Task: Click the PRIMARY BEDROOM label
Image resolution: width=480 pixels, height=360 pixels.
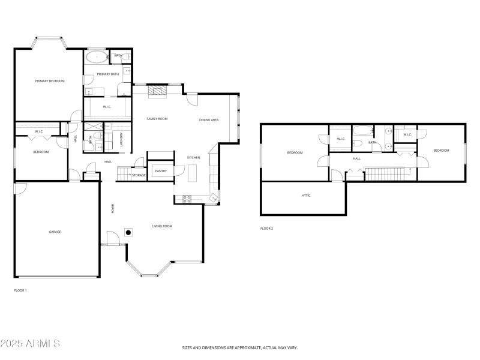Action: (49, 81)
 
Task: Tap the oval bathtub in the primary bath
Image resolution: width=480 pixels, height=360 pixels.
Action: (96, 58)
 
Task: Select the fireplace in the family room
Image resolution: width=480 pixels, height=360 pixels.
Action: (157, 91)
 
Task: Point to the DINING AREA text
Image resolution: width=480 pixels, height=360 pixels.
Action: (209, 120)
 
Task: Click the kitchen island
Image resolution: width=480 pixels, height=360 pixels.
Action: (193, 173)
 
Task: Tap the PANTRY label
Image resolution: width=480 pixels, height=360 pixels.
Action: (161, 171)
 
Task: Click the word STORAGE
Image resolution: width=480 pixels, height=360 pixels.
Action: (139, 175)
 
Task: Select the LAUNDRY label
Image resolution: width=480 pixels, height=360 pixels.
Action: (121, 139)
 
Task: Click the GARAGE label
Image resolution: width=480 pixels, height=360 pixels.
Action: (55, 232)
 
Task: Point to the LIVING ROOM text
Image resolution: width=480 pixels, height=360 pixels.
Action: (162, 226)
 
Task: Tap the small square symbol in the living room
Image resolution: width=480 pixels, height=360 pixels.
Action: (128, 232)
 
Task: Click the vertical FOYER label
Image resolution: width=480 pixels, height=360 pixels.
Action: (112, 209)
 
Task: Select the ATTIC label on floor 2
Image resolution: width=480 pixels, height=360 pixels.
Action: (306, 196)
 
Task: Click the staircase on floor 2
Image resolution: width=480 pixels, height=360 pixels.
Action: (387, 174)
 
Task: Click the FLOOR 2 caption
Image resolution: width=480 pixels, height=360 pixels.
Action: (266, 229)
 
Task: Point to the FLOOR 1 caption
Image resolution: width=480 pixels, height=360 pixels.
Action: (20, 290)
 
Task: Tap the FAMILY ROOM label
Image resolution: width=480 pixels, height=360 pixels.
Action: (157, 119)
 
